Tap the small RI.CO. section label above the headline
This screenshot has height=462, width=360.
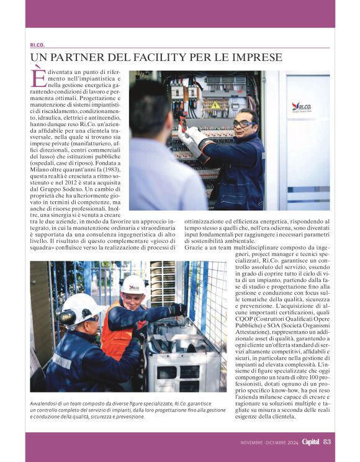point(37,45)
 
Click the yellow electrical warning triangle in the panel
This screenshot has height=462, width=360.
point(215,105)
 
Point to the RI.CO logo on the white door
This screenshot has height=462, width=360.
point(302,107)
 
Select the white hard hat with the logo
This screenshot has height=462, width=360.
point(133,284)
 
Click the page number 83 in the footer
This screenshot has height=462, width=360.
point(327,442)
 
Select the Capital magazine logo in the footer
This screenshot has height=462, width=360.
point(310,442)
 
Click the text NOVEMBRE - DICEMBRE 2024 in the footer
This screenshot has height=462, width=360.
point(269,442)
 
